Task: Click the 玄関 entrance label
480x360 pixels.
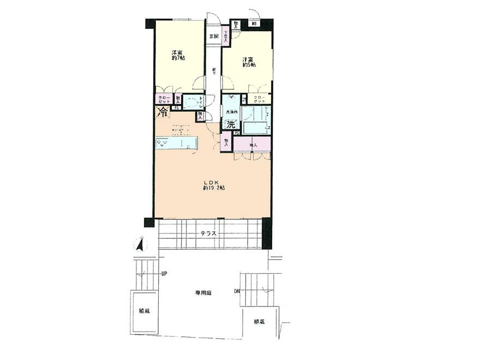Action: [213, 37]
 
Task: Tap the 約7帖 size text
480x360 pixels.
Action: [177, 57]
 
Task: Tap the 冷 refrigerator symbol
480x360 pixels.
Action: [162, 112]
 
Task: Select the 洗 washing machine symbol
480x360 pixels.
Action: [231, 124]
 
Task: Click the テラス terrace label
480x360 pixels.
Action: [208, 233]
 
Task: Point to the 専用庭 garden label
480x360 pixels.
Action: [203, 293]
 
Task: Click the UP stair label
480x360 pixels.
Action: [164, 274]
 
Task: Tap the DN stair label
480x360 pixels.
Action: [237, 291]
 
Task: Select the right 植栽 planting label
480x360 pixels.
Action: [259, 321]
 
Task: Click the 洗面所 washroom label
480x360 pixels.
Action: [227, 112]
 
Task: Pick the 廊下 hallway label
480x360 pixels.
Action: [214, 71]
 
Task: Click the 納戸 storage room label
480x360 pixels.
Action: [253, 145]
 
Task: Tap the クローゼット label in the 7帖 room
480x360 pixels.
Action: [164, 100]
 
